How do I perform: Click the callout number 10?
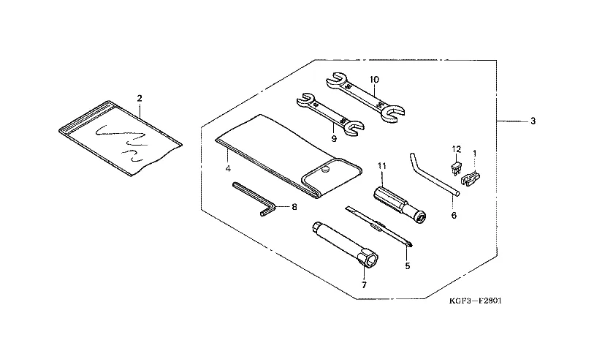[x=373, y=79]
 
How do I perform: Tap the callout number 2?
[x=139, y=97]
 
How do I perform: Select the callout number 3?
[x=533, y=121]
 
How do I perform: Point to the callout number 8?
[x=294, y=207]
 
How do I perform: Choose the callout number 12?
[x=456, y=148]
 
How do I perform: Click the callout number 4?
[x=228, y=168]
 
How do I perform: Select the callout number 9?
[x=332, y=137]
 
